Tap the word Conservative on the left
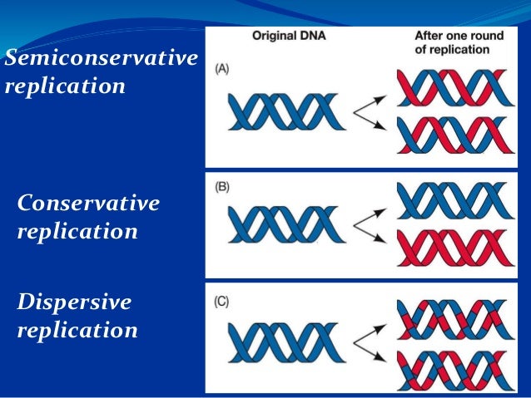coord(88,203)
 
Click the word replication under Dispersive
coord(77,330)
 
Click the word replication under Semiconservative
coord(64,86)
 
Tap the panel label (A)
coord(222,71)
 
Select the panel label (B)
coord(222,187)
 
